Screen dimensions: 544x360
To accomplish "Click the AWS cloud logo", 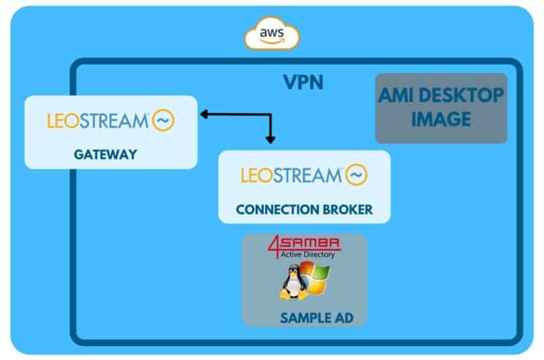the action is click(272, 33).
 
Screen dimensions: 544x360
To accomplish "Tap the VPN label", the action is click(303, 82).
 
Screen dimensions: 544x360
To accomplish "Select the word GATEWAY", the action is click(105, 154).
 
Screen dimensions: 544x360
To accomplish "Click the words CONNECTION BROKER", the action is click(304, 210).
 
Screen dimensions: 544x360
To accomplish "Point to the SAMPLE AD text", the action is click(317, 318).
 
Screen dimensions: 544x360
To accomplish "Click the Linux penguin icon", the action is click(294, 282).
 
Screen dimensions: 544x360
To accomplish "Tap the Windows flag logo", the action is click(316, 278).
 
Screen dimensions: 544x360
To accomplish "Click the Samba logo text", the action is click(309, 243).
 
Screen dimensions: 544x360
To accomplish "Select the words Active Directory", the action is click(308, 255).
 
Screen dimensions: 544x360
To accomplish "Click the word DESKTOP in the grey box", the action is click(461, 96).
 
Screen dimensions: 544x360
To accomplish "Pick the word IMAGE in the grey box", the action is click(441, 119).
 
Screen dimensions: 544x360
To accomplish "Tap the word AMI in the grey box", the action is click(396, 96).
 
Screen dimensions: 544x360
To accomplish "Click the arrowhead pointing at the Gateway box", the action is click(204, 114).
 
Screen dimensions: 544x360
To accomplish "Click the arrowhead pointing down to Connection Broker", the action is click(271, 140).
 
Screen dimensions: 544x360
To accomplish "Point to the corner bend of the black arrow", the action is click(271, 114).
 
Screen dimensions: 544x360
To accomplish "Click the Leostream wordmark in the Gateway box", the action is click(98, 121).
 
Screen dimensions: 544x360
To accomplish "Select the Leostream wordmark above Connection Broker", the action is click(292, 175).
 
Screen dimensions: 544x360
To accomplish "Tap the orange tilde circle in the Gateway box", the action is click(163, 121).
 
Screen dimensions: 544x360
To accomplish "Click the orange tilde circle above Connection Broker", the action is click(356, 174).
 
